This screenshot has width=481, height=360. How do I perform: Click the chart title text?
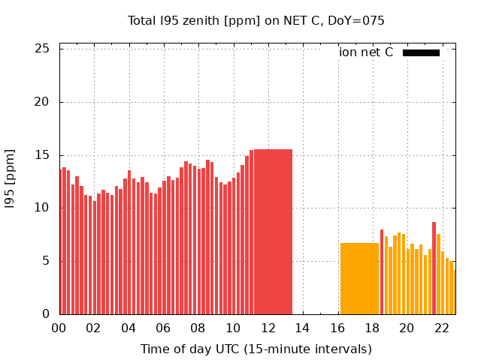(256, 20)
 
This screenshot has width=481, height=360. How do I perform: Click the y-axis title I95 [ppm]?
(11, 178)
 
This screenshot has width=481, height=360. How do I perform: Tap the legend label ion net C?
(366, 52)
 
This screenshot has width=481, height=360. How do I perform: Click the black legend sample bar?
(421, 52)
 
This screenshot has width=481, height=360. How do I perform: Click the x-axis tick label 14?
(302, 328)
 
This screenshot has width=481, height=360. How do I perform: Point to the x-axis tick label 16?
(337, 328)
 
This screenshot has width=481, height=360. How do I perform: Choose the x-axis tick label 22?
(442, 328)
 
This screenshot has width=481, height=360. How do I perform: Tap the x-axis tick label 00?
(59, 328)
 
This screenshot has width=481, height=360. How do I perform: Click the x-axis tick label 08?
(198, 328)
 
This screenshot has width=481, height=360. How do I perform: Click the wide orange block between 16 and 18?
(359, 278)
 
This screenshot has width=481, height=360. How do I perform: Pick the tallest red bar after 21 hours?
(434, 268)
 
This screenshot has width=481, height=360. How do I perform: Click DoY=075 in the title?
(358, 20)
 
